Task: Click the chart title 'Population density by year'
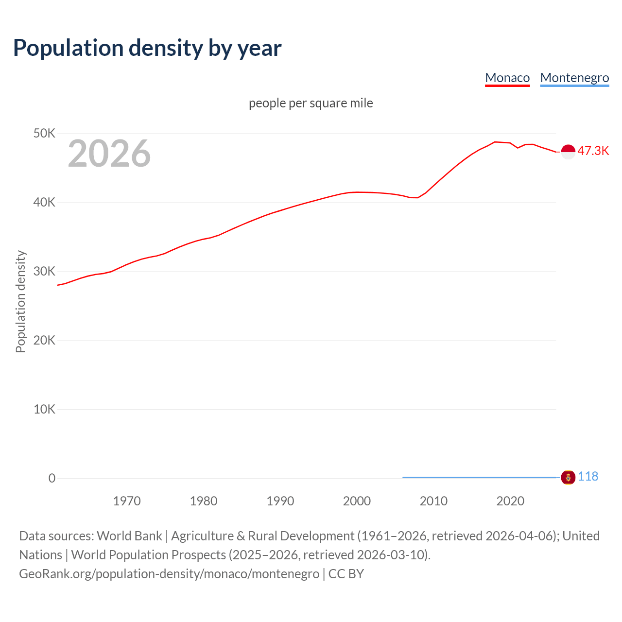[147, 48]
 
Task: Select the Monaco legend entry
[507, 78]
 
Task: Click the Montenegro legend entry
[574, 78]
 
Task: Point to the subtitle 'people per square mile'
[311, 103]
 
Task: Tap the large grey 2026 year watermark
[109, 154]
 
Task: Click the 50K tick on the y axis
[44, 133]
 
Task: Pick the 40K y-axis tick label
[44, 202]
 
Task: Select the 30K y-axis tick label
[44, 271]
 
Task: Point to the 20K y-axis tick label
[44, 340]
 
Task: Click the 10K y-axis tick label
[44, 409]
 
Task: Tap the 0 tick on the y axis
[52, 478]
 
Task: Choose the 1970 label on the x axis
[127, 501]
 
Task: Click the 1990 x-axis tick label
[280, 501]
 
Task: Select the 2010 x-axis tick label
[433, 501]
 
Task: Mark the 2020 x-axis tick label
[510, 501]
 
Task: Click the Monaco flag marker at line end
[568, 152]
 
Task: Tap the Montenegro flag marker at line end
[568, 478]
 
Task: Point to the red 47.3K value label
[593, 151]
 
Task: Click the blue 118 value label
[588, 476]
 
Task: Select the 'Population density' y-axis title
[20, 301]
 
